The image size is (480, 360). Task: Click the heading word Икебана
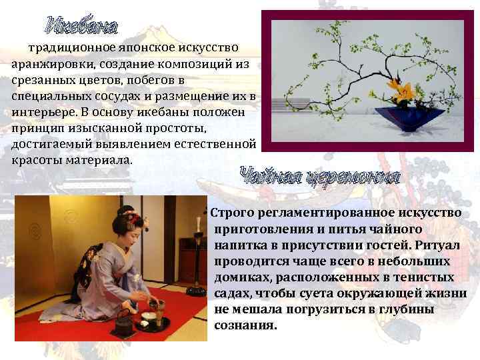[81, 26]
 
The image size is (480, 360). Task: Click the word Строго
[230, 213]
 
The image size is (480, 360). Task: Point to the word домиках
[240, 277]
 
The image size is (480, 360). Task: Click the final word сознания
[245, 326]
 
